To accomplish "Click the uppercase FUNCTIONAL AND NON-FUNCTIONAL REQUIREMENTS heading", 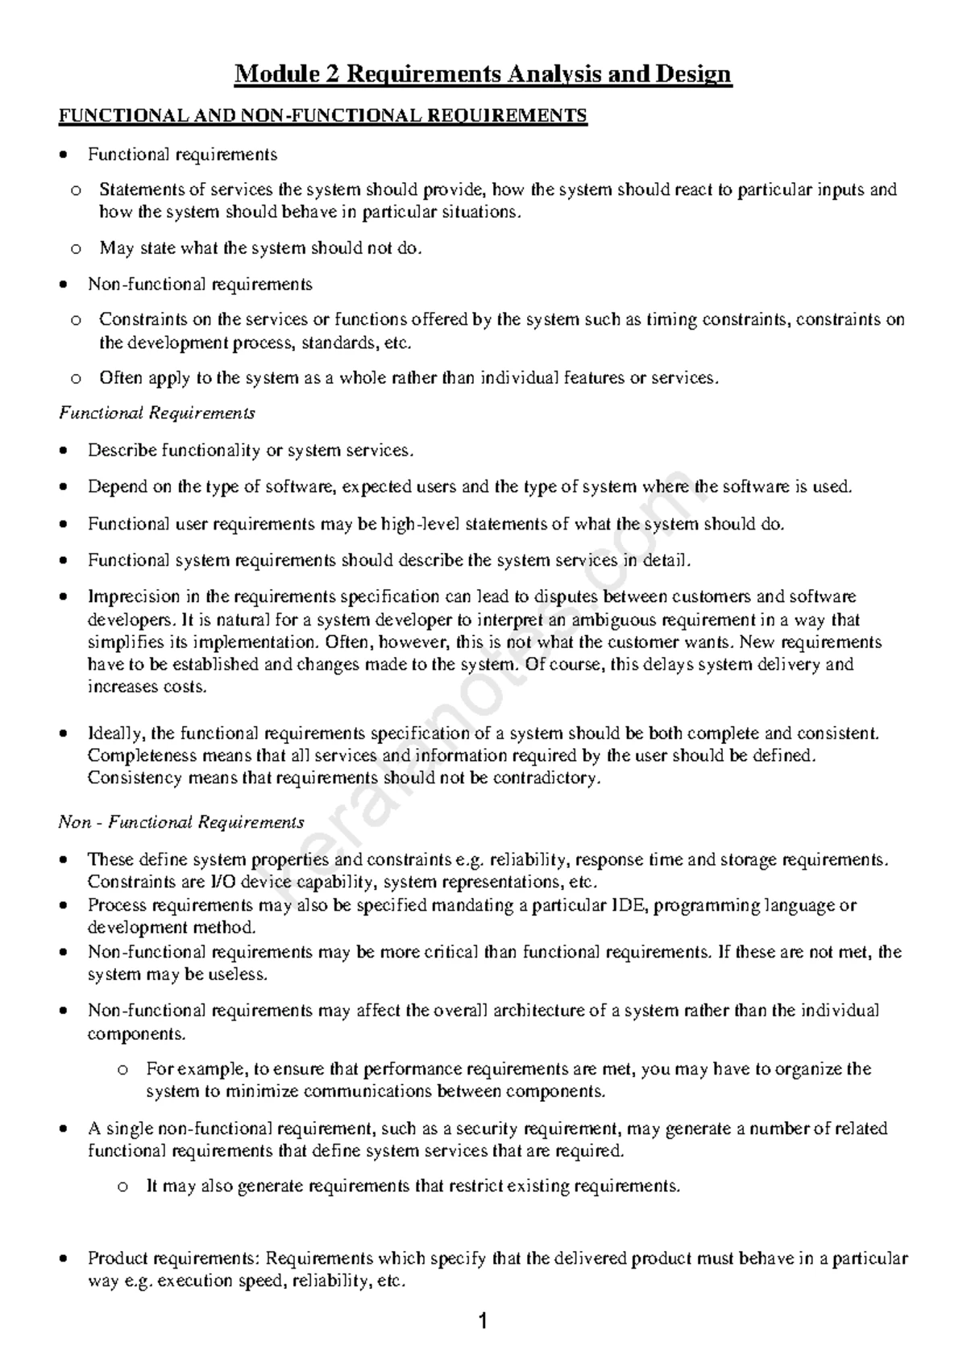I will click(323, 116).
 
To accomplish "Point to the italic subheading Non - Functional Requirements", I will click(181, 822).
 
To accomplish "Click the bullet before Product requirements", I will click(64, 1259).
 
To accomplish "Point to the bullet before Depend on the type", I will click(64, 488).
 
